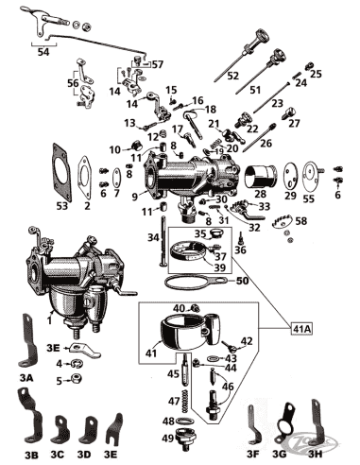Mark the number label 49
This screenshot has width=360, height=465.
[166, 439]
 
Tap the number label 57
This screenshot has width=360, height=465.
[157, 63]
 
